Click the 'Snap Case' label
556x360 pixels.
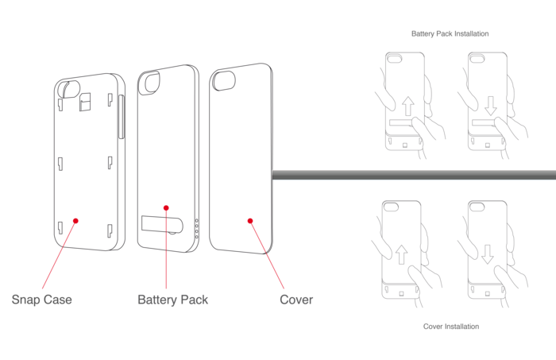[41, 300]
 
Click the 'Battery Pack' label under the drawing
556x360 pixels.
[172, 300]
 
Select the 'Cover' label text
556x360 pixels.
[296, 300]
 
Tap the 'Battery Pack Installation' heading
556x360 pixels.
[450, 34]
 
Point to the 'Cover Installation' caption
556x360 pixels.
[450, 327]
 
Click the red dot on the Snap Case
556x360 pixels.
[75, 221]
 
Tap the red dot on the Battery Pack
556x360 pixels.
[166, 208]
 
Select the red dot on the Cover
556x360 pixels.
[249, 221]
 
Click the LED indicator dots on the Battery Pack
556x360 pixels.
[197, 228]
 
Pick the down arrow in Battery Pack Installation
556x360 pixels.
[490, 106]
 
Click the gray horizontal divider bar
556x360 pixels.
[413, 173]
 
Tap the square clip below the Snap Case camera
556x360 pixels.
[87, 101]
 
